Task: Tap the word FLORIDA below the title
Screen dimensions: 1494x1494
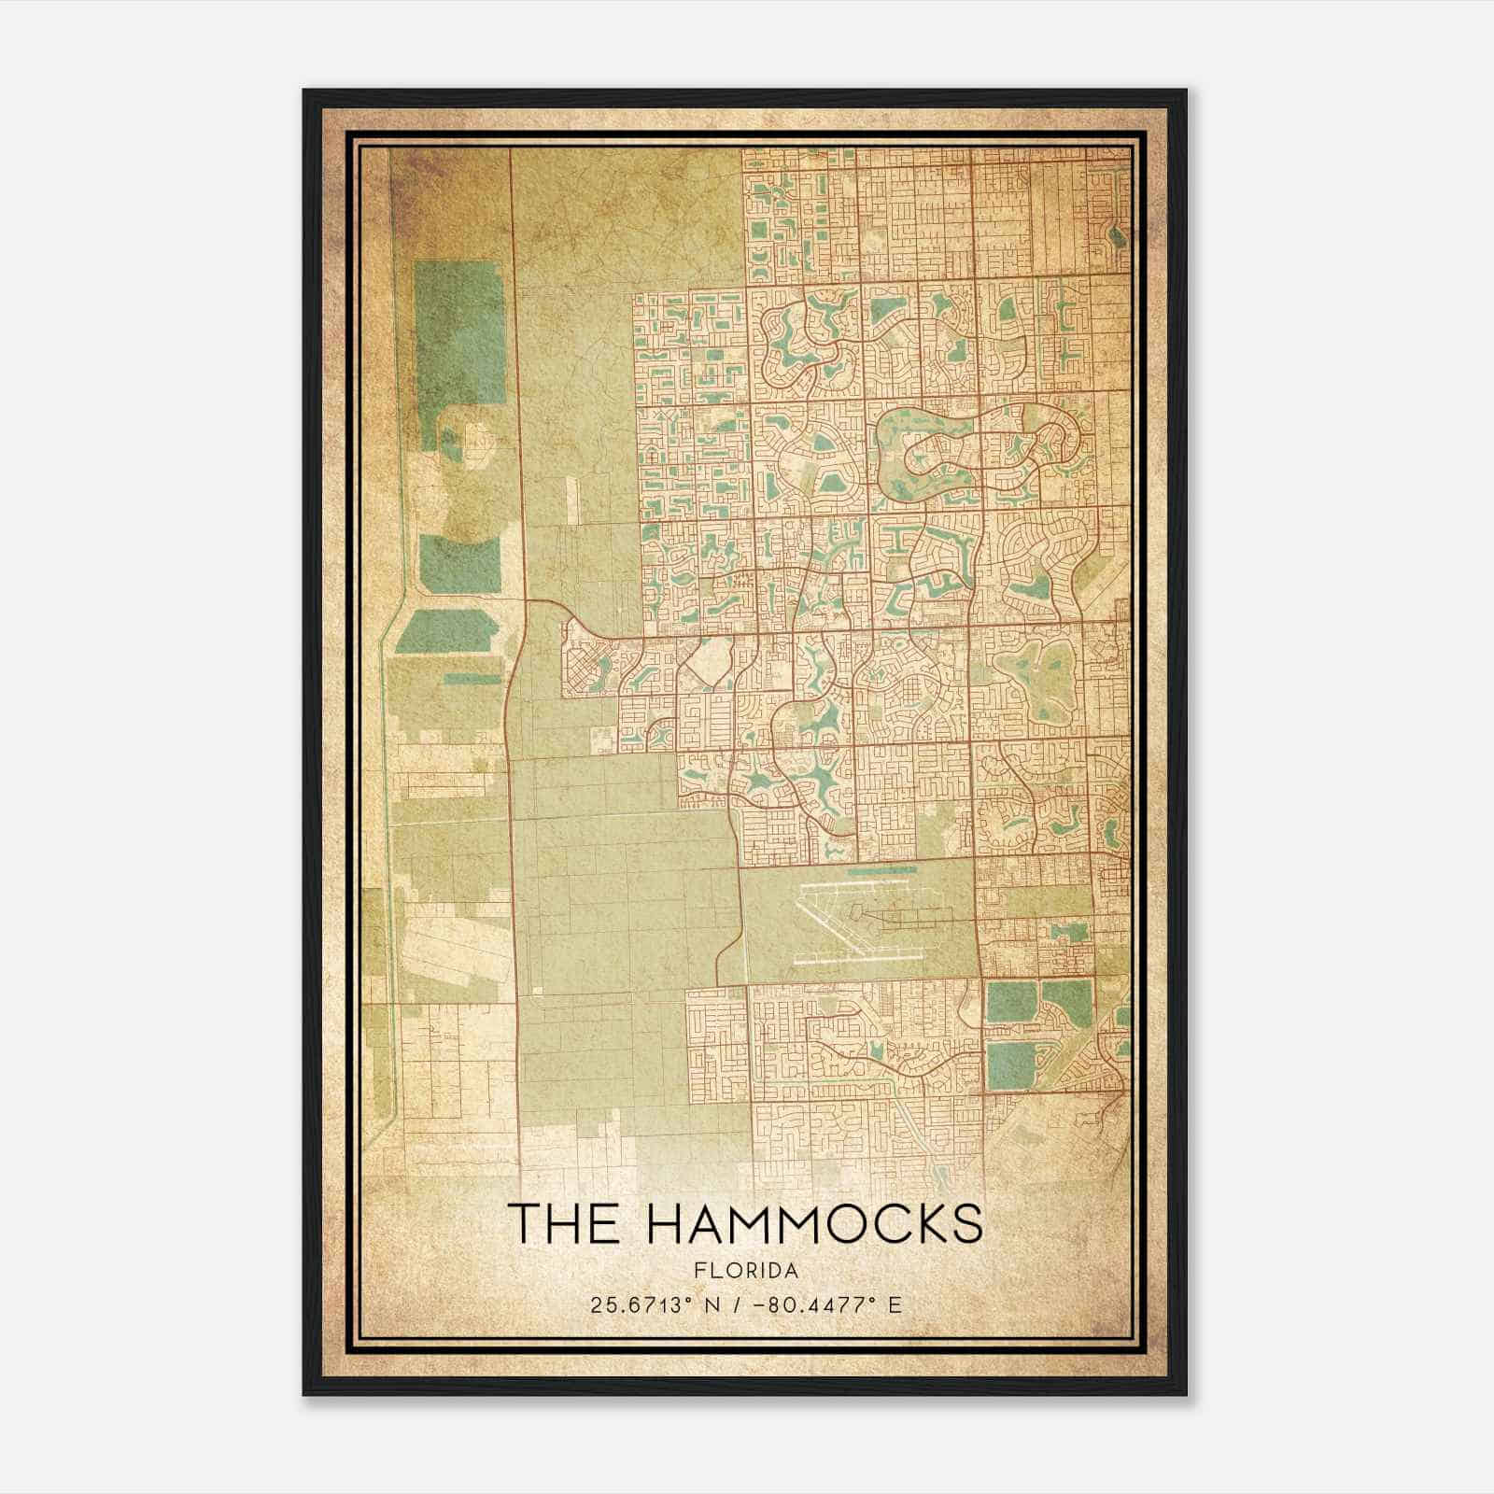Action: [746, 1271]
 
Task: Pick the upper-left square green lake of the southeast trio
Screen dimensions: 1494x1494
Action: [1010, 1002]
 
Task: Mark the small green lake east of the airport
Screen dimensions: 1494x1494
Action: [1069, 930]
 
